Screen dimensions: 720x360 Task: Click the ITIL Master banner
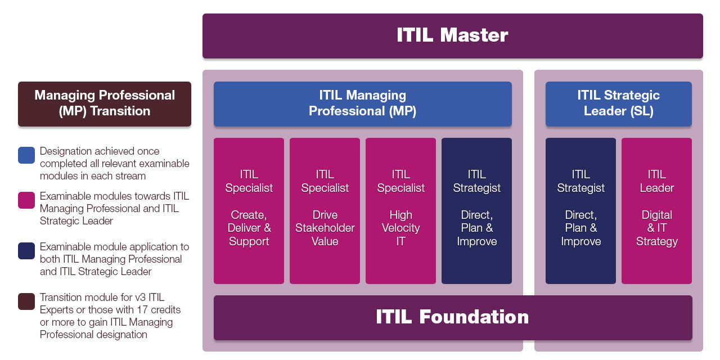453,36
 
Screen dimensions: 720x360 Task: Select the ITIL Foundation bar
453,318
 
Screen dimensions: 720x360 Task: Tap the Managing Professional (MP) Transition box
105,104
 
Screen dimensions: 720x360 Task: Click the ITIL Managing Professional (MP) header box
363,104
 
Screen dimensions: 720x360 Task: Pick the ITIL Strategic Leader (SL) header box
618,104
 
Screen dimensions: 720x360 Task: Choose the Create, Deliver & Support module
249,211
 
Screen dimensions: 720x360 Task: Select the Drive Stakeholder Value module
325,211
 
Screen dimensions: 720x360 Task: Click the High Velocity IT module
400,211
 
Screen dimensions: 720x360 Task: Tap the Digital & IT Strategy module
656,211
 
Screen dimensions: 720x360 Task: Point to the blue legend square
26,155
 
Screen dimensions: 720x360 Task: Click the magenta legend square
26,200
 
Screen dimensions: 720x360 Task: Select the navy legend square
26,251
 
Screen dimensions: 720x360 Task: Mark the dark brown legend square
26,301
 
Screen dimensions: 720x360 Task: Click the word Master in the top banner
474,35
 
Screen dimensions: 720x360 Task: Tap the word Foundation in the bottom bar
474,317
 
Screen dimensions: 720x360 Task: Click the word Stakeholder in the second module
325,228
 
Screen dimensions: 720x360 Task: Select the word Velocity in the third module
401,228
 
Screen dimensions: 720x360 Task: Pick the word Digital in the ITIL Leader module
656,215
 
